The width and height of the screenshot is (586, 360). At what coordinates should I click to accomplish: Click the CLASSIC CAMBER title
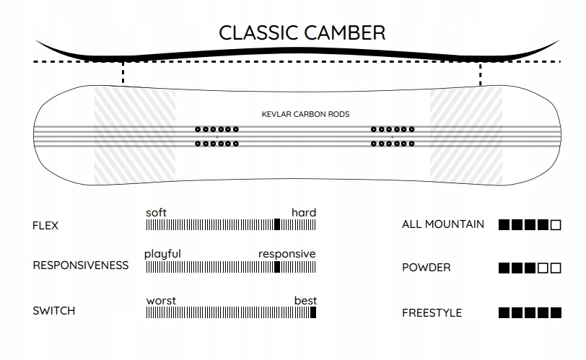[x=302, y=32]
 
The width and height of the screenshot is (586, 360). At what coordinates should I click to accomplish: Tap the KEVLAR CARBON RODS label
[x=306, y=114]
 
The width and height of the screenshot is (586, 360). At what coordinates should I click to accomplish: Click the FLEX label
[x=45, y=226]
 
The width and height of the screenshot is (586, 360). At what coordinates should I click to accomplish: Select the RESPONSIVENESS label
[x=81, y=265]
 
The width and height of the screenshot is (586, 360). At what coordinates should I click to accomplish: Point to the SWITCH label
[x=54, y=312]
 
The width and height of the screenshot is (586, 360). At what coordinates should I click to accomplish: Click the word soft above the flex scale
[x=156, y=212]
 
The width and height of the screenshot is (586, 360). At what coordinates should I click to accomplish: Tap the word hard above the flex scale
[x=304, y=212]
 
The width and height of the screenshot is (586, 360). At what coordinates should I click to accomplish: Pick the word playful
[x=162, y=254]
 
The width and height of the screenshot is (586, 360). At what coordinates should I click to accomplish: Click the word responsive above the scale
[x=287, y=254]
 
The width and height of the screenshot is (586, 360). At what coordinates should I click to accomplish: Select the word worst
[x=161, y=300]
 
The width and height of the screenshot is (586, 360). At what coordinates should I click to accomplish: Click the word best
[x=305, y=300]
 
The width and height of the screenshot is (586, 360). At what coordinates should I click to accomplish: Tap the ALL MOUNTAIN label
[x=443, y=224]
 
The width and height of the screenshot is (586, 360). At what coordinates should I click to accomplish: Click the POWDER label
[x=427, y=268]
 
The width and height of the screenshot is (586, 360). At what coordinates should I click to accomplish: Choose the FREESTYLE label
[x=432, y=313]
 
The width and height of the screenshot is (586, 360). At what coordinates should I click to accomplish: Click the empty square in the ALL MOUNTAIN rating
[x=555, y=225]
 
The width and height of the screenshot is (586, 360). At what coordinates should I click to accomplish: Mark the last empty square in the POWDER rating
[x=555, y=268]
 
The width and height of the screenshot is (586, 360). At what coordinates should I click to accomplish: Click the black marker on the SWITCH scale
[x=313, y=312]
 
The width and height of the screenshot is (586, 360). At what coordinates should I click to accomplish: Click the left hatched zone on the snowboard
[x=135, y=134]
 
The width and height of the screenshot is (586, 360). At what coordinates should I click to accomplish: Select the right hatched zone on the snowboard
[x=466, y=134]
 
